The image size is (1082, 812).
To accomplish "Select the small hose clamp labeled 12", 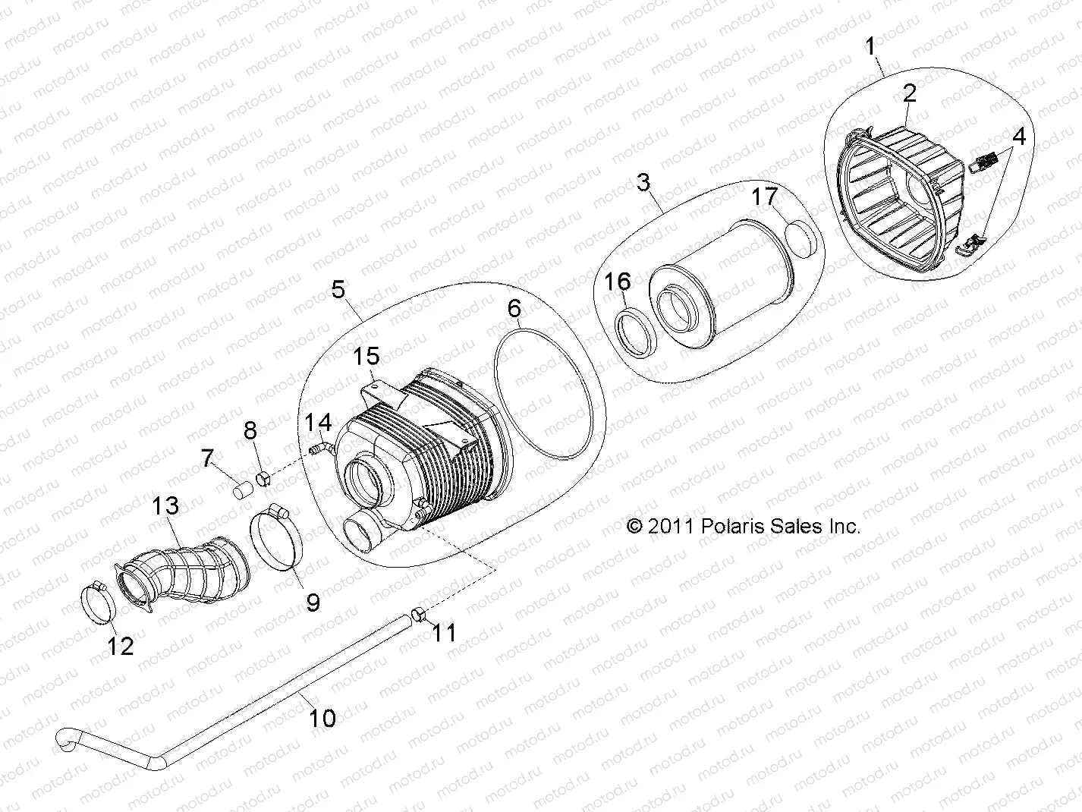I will pyautogui.click(x=98, y=599).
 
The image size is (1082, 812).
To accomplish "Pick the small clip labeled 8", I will pyautogui.click(x=263, y=479).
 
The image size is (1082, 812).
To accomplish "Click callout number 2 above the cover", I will pyautogui.click(x=909, y=93).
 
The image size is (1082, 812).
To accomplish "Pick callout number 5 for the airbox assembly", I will pyautogui.click(x=338, y=290).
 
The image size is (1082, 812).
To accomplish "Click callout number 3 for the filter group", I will pyautogui.click(x=643, y=183).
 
